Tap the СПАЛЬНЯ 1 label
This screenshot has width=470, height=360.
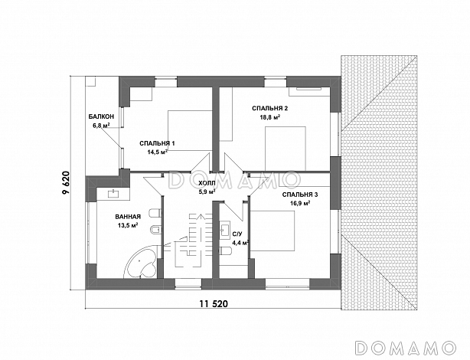(158, 143)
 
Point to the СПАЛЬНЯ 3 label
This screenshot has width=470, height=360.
(300, 195)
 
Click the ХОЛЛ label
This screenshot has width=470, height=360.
(207, 183)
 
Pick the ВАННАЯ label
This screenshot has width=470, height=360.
(128, 217)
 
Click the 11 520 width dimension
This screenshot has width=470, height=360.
(214, 304)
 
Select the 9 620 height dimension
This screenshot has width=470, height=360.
(66, 183)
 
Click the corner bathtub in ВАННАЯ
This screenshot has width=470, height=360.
(140, 263)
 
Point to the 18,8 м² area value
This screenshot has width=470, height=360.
(270, 117)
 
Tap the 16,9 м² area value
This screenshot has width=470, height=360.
(300, 204)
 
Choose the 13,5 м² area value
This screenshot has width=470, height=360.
(128, 225)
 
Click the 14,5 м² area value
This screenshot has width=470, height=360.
(158, 152)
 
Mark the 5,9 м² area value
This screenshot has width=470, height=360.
(208, 191)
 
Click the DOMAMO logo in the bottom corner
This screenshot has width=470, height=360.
(406, 348)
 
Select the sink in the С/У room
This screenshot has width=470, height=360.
(224, 229)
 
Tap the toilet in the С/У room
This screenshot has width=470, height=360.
(225, 250)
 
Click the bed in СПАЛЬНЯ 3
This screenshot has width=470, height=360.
(273, 231)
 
